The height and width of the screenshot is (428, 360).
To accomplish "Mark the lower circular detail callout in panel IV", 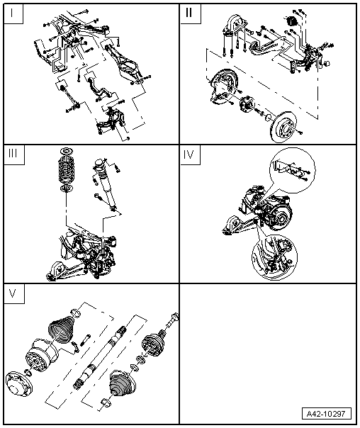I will tap(272, 255).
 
